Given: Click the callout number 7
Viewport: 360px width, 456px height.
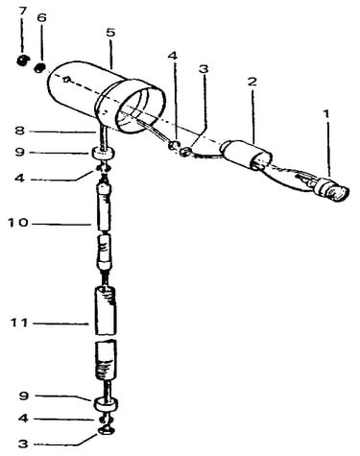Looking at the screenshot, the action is point(22,11).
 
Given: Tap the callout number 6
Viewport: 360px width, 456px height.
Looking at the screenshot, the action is point(41,18).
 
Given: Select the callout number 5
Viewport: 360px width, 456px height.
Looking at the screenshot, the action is point(110,33).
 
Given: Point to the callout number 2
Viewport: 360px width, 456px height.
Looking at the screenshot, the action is point(252,82).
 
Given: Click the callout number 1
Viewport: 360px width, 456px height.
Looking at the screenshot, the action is point(326,113).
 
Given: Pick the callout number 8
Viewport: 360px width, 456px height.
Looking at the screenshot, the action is point(20,131).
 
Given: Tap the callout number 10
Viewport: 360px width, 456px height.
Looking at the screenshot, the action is point(18,223).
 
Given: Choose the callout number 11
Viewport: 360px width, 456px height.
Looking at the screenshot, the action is point(19,323).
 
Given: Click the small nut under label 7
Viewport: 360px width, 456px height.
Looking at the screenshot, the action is point(23,60).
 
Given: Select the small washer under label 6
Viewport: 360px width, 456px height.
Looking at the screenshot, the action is point(40,68).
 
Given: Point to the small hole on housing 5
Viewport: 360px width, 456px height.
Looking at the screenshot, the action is point(66,80).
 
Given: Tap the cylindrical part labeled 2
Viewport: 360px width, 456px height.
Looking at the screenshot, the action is point(246,155).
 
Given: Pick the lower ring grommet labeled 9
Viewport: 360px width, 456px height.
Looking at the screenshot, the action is point(104,404).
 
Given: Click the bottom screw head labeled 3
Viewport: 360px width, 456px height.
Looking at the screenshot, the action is point(106,431).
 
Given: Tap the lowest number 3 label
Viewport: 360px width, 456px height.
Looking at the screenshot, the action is point(23,444).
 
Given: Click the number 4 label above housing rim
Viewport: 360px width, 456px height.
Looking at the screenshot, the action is point(172,56).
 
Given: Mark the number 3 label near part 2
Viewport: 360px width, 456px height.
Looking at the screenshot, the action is point(204,69).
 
